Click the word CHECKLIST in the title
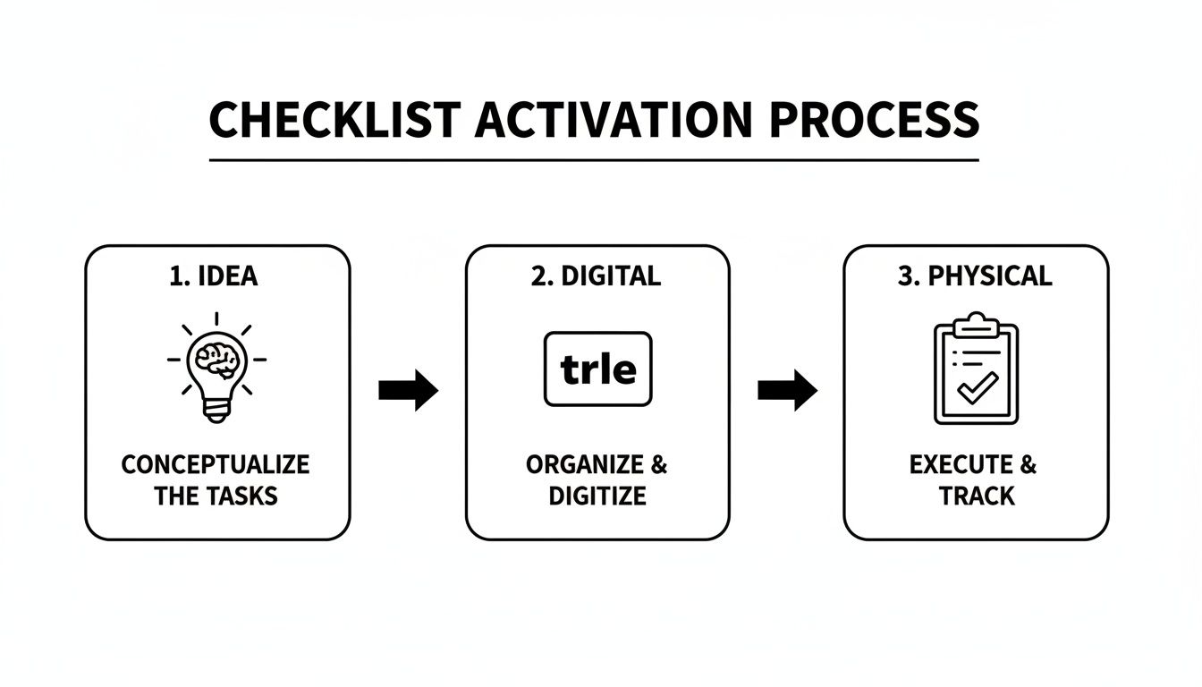point(334,120)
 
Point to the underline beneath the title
point(594,160)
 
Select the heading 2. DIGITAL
point(596,276)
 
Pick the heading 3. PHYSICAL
point(976,276)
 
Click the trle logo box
point(597,369)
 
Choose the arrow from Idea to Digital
point(408,390)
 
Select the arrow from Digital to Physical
point(787,390)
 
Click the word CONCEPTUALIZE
point(216,465)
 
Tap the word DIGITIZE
point(597,496)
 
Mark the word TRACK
point(977,496)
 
